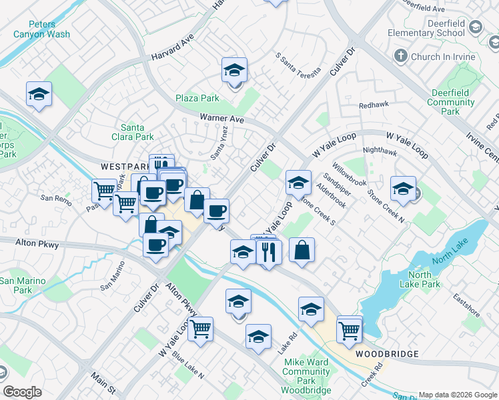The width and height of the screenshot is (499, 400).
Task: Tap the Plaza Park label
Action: pos(197,98)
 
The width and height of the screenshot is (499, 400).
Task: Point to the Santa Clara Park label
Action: pos(137,132)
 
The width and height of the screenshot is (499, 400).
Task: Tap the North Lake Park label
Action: pos(424,279)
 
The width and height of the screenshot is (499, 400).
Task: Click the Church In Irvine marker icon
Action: pos(402,57)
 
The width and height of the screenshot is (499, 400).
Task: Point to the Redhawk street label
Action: pos(373,105)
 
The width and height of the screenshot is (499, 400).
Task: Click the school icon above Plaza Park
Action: pos(234,70)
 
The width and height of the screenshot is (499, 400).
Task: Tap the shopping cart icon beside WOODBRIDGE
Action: pos(350,329)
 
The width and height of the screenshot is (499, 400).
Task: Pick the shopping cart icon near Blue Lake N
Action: pos(200,329)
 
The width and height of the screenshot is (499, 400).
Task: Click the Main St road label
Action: pos(103,383)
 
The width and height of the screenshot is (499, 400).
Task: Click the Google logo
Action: pos(22,392)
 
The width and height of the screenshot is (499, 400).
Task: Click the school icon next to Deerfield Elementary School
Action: pos(475,27)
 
